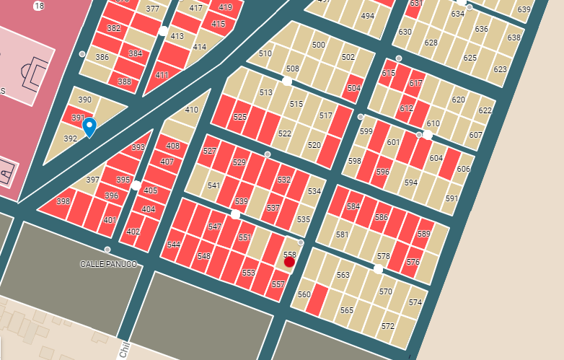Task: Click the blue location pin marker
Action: pyautogui.click(x=89, y=126)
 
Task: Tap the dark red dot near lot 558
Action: pyautogui.click(x=289, y=262)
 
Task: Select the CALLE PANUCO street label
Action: pyautogui.click(x=108, y=264)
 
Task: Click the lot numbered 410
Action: pyautogui.click(x=191, y=110)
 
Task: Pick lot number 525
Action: pyautogui.click(x=240, y=117)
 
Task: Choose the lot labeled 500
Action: pyautogui.click(x=318, y=45)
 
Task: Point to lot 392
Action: pyautogui.click(x=70, y=139)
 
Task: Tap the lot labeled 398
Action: pyautogui.click(x=63, y=202)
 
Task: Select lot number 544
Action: pyautogui.click(x=173, y=245)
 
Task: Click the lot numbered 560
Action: pyautogui.click(x=304, y=294)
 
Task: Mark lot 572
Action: pyautogui.click(x=388, y=326)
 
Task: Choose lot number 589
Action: pyautogui.click(x=423, y=234)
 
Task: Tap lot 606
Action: pyautogui.click(x=463, y=170)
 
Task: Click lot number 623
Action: pyautogui.click(x=500, y=70)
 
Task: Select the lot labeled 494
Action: pyautogui.click(x=368, y=16)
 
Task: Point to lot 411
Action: pyautogui.click(x=162, y=75)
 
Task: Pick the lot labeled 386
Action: pyautogui.click(x=102, y=58)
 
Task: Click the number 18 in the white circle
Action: pyautogui.click(x=38, y=6)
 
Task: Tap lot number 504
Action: pyautogui.click(x=353, y=88)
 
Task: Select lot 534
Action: pyautogui.click(x=314, y=192)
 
